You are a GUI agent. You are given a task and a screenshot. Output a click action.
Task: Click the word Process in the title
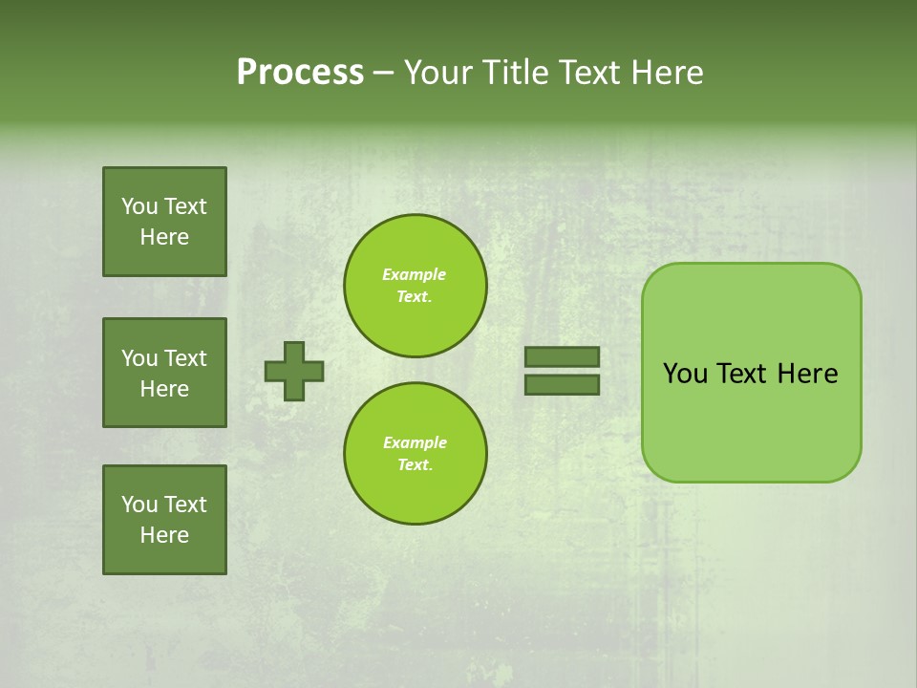tap(300, 73)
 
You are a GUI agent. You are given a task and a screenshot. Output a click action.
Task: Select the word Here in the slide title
tap(665, 73)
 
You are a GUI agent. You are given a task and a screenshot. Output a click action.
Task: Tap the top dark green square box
tap(164, 222)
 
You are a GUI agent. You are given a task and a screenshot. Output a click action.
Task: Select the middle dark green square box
tap(164, 373)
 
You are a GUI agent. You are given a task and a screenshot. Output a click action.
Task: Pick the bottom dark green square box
tap(164, 520)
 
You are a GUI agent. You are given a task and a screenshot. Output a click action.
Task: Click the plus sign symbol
tap(294, 371)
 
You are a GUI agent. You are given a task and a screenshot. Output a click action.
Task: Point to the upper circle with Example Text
tap(415, 286)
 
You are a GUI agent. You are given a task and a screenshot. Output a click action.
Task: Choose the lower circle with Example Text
tap(415, 454)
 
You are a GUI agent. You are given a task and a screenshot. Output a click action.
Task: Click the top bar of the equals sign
tap(562, 356)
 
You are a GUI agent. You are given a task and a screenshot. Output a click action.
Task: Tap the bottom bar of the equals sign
tap(562, 384)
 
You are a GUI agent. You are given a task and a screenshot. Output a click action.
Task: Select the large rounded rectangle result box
tap(751, 420)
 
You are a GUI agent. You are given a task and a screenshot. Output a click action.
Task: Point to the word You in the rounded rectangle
tap(686, 374)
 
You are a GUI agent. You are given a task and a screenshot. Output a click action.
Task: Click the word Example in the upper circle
tap(415, 275)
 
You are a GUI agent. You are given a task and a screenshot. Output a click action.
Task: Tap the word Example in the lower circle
tap(415, 443)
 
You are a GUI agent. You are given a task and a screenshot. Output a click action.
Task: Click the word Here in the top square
tap(164, 237)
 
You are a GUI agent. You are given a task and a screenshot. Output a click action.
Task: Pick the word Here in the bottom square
tap(164, 535)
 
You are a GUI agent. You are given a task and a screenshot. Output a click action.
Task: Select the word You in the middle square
tap(139, 358)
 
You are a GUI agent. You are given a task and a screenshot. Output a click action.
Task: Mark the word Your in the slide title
tap(439, 73)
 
